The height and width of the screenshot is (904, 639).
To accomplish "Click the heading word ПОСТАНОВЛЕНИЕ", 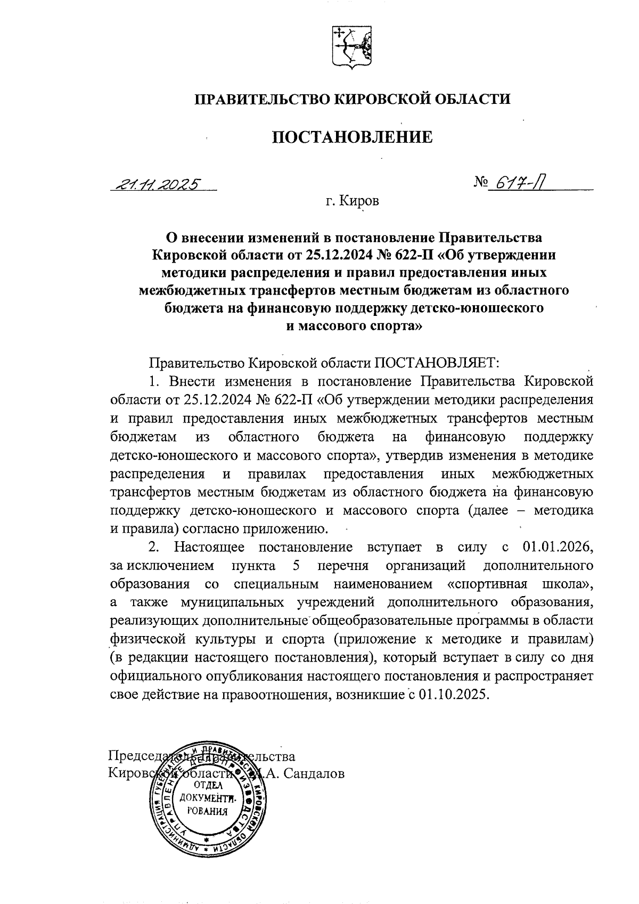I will tap(353, 137).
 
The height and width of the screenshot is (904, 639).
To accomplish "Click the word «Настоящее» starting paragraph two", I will tap(209, 547).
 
